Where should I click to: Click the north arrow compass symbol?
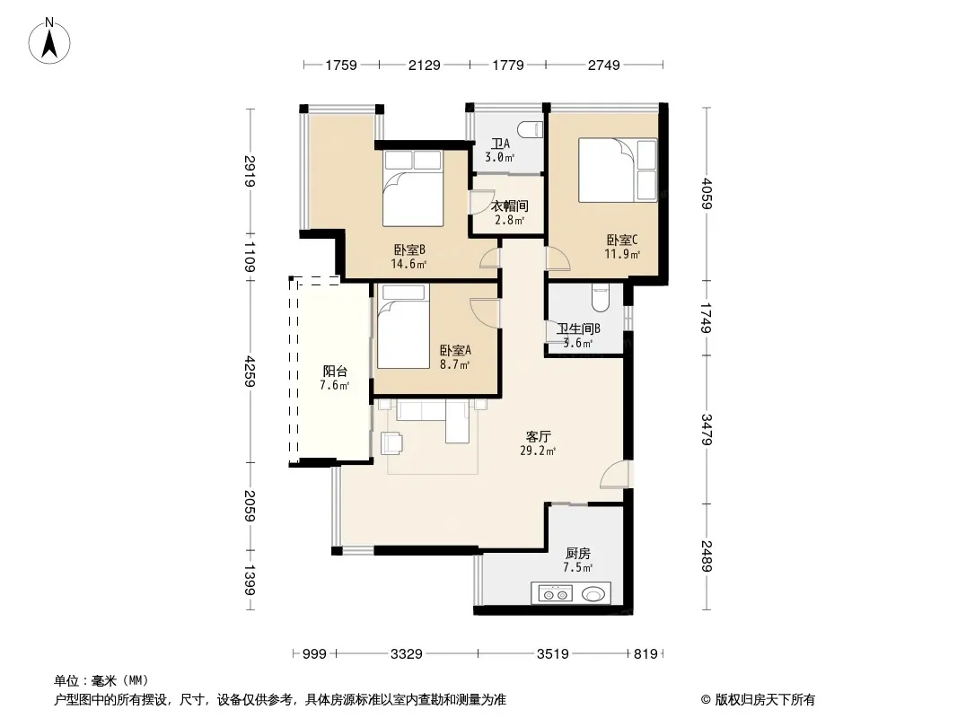point(49,41)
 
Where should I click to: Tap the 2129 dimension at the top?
point(424,65)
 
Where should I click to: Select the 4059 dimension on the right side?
point(707,193)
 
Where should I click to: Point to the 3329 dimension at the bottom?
point(407,654)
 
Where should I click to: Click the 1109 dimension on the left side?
point(249,256)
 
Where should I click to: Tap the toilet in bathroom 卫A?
point(530,130)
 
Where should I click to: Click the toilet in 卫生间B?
point(600,298)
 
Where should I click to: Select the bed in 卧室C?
point(618,170)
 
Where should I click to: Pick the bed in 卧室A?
point(403,327)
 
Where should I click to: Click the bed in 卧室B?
point(413,188)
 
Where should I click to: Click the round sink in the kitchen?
point(593,593)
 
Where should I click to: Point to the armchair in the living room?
point(391,443)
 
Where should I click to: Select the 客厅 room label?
point(539,437)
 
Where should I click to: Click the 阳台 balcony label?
point(335,371)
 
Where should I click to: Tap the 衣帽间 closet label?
point(510,206)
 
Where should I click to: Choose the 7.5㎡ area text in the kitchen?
point(578,568)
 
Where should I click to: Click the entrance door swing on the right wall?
point(613,475)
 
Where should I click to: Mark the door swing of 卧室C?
point(558,258)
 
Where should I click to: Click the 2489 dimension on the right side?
point(707,556)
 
